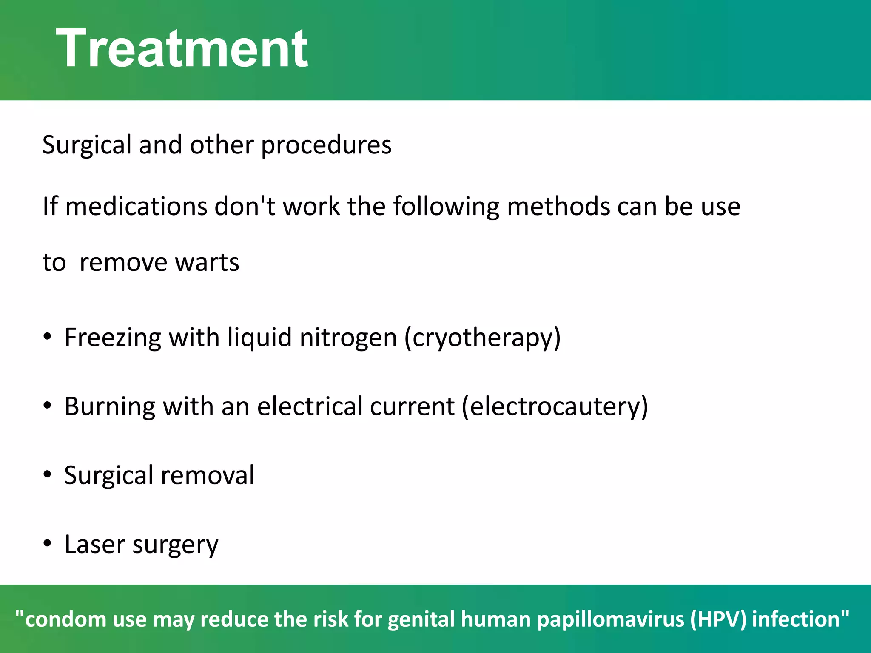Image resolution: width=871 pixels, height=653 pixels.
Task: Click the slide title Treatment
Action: pyautogui.click(x=182, y=48)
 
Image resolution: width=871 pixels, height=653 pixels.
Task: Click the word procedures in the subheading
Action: pyautogui.click(x=326, y=145)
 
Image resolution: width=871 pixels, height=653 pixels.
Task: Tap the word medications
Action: pyautogui.click(x=136, y=207)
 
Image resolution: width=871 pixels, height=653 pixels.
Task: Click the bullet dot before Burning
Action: pyautogui.click(x=47, y=406)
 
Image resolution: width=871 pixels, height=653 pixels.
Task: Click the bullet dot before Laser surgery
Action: pyautogui.click(x=47, y=544)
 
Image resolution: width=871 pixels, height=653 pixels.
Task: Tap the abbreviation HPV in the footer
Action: pyautogui.click(x=719, y=619)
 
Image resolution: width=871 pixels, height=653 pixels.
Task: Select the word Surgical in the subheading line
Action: pyautogui.click(x=87, y=145)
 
